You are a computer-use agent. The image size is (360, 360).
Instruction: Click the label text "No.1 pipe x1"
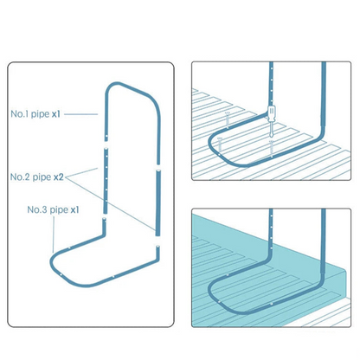coord(35,114)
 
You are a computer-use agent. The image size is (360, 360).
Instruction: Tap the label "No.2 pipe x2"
coord(37,177)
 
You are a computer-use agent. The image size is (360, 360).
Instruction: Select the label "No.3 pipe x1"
coord(53,209)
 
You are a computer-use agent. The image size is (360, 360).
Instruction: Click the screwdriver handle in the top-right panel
coord(272,113)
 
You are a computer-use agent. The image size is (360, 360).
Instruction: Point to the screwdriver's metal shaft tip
coord(271,136)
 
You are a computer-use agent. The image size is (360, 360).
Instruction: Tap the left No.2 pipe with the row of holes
coord(106,181)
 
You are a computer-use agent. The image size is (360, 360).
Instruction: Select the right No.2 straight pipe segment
coord(157,202)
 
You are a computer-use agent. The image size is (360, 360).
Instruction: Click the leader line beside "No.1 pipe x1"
coord(80,114)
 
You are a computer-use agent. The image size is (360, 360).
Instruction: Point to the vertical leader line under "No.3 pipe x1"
coord(54,234)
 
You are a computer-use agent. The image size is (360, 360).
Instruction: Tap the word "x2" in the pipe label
coord(59,177)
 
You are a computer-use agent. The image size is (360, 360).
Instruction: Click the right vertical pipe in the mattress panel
coord(324,242)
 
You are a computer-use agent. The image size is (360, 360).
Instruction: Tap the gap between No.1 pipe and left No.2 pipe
coord(106,144)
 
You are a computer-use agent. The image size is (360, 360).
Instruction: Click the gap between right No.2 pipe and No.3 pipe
coord(157,241)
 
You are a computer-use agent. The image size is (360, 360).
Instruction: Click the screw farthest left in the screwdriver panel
coord(219,146)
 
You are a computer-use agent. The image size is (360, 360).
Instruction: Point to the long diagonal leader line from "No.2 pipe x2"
coord(111,203)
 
